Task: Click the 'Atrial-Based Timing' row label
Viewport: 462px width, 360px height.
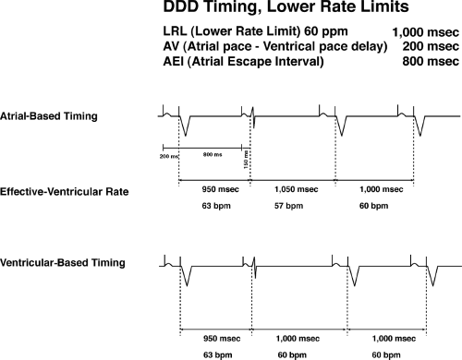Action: tap(43, 115)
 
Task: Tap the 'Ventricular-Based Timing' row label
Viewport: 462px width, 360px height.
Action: tap(52, 263)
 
